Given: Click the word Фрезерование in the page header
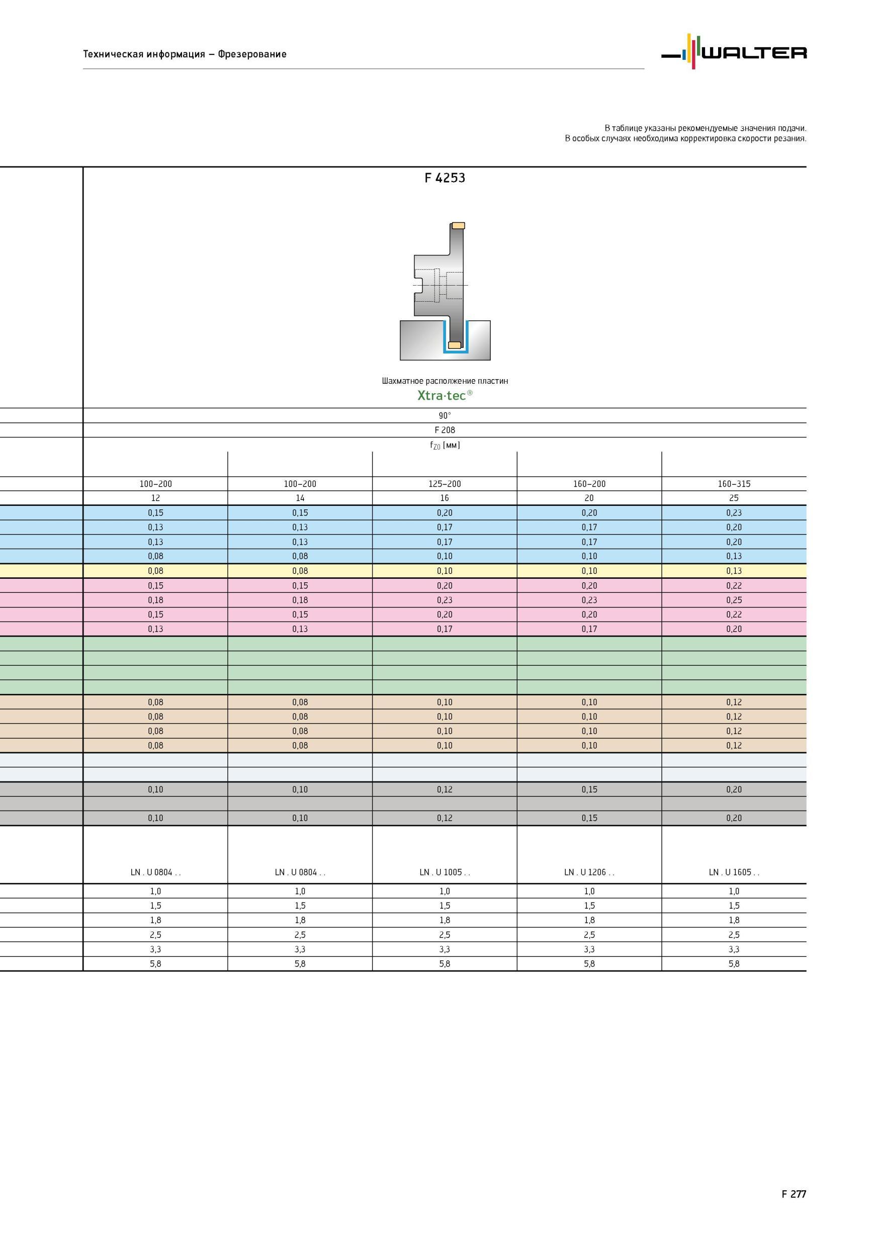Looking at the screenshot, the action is (x=252, y=54).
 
